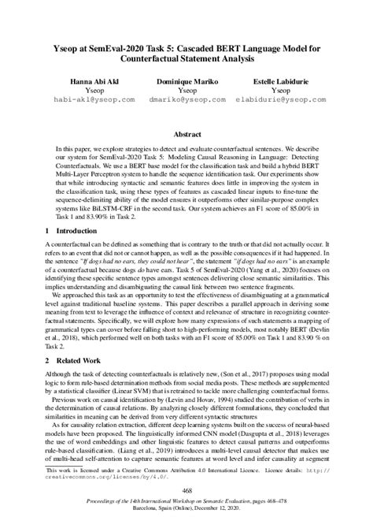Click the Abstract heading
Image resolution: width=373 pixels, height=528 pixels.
tap(186, 135)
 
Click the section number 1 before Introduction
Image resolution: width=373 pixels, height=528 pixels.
tap(49, 231)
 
